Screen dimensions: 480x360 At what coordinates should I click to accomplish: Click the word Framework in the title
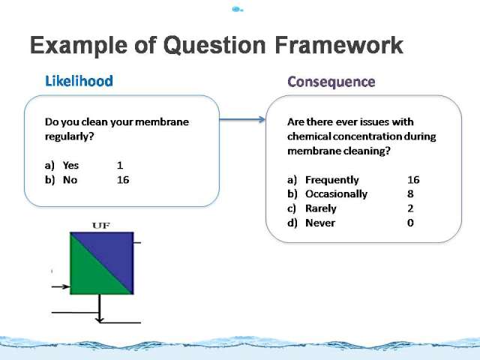pos(339,45)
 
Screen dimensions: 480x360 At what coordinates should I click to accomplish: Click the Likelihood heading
pos(79,81)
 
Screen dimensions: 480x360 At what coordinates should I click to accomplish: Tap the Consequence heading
pos(331,82)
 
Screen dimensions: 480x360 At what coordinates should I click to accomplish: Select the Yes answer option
pos(70,165)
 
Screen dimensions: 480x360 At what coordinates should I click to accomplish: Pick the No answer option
pos(70,180)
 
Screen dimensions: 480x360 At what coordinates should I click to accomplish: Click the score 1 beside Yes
pos(120,165)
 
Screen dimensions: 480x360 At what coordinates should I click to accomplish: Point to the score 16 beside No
pos(123,180)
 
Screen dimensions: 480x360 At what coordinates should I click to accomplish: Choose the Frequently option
pos(331,180)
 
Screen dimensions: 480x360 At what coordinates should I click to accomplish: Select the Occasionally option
pos(336,194)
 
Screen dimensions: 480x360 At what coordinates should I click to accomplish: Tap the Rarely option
pos(320,208)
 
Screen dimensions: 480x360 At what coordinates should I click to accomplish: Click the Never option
pos(320,223)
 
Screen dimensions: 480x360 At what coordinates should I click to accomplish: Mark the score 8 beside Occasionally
pos(410,193)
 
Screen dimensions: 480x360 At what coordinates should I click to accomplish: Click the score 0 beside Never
pos(410,223)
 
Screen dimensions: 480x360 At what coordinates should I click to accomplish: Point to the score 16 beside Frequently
pos(413,180)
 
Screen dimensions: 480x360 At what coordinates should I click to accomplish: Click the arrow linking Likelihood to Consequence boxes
pos(242,119)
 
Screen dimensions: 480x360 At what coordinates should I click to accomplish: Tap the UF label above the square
pos(101,226)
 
